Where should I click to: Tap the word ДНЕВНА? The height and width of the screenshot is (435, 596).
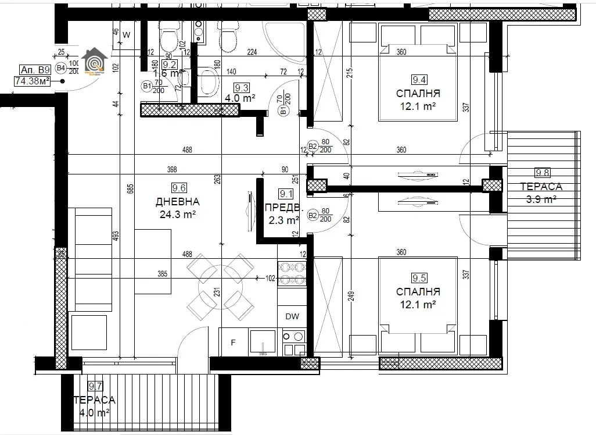pyautogui.click(x=178, y=202)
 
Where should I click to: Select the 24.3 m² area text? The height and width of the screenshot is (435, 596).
pyautogui.click(x=178, y=215)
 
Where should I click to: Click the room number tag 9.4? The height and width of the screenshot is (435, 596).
pyautogui.click(x=419, y=80)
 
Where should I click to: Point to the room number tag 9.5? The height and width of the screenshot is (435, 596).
pyautogui.click(x=419, y=278)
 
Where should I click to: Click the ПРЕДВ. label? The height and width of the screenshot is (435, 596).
pyautogui.click(x=283, y=208)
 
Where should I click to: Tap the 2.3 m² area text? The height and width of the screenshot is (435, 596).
pyautogui.click(x=283, y=220)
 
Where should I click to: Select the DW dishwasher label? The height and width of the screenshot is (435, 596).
pyautogui.click(x=292, y=316)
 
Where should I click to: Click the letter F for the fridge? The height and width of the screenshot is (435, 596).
pyautogui.click(x=233, y=343)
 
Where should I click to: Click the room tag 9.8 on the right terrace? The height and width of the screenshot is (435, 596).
pyautogui.click(x=542, y=172)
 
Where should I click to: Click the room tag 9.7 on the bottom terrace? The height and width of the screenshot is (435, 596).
pyautogui.click(x=95, y=386)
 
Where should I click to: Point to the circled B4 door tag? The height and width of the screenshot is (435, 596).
pyautogui.click(x=60, y=67)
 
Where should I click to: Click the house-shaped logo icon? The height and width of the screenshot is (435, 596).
pyautogui.click(x=95, y=62)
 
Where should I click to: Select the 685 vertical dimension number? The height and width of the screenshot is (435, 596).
pyautogui.click(x=131, y=188)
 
